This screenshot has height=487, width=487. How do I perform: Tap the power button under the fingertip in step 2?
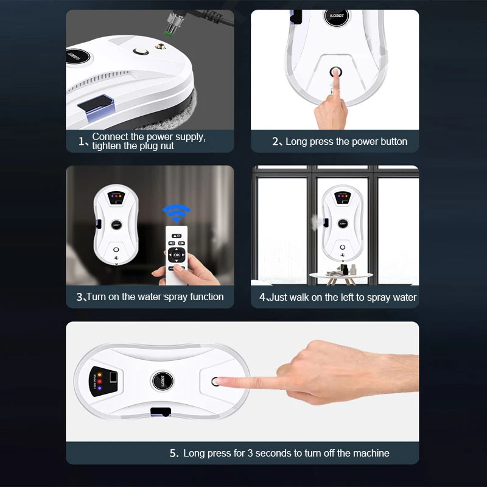[x=335, y=72]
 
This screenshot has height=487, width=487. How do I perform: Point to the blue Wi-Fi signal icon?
[x=175, y=214]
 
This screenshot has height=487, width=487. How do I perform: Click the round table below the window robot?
[x=342, y=275]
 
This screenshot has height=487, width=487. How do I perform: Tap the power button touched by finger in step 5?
[x=215, y=382]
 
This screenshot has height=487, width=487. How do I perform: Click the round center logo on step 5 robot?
[x=162, y=381]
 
